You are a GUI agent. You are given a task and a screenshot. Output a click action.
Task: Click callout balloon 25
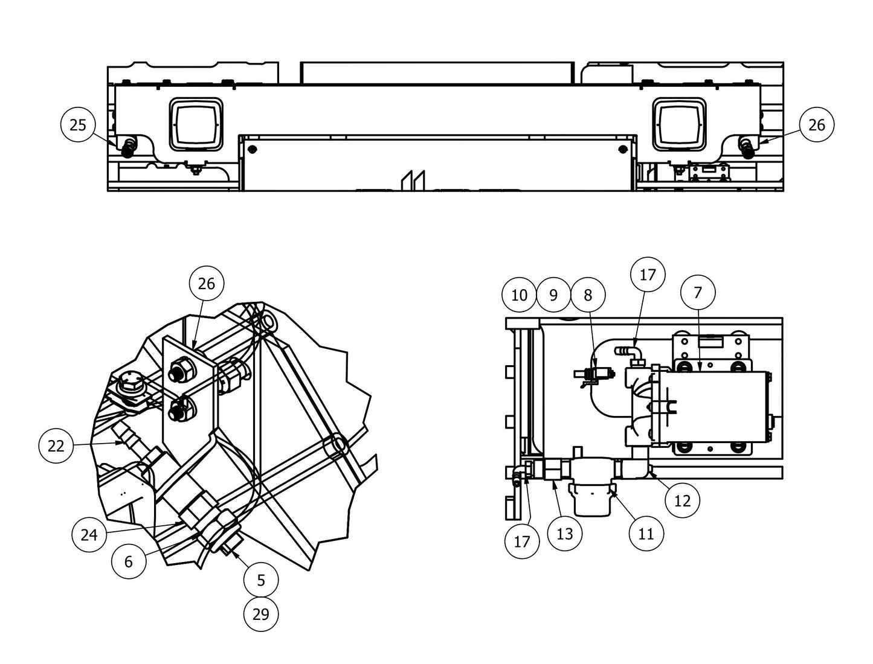78,125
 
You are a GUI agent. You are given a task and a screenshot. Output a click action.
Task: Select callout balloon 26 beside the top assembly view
816,125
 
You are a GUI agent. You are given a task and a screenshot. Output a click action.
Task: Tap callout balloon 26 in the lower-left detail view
207,284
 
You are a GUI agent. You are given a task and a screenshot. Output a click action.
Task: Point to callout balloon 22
56,446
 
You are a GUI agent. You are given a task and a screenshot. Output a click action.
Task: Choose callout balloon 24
89,534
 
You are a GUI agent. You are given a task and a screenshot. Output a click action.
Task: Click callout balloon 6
129,561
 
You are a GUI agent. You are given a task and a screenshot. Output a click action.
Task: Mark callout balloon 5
261,580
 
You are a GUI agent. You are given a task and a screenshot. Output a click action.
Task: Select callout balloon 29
261,615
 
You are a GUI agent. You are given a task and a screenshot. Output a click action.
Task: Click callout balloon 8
588,295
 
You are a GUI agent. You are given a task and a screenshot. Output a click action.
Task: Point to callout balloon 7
698,293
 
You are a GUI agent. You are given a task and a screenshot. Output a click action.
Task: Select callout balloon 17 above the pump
647,275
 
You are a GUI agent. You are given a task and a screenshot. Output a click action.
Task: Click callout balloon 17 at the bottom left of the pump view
521,541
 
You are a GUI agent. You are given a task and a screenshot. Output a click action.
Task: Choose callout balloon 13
564,533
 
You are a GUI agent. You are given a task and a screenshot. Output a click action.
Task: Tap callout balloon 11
646,533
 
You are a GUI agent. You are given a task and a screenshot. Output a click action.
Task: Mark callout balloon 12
682,500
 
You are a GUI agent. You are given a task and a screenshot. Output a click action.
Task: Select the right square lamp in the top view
679,124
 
